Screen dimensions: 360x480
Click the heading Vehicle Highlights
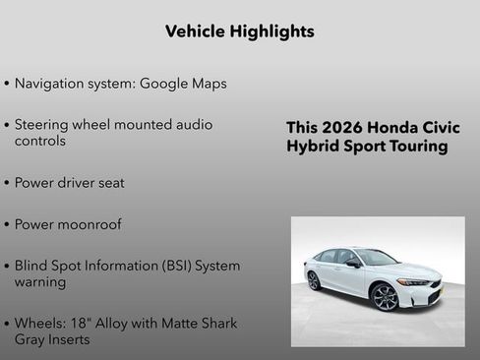click(240, 31)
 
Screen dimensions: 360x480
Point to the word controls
click(40, 141)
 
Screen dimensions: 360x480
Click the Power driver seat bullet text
click(69, 183)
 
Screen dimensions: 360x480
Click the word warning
click(40, 282)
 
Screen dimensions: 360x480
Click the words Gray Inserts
click(52, 339)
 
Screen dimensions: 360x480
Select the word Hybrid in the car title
click(312, 147)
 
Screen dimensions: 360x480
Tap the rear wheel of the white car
click(313, 280)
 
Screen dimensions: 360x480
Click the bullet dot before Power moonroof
click(8, 225)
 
